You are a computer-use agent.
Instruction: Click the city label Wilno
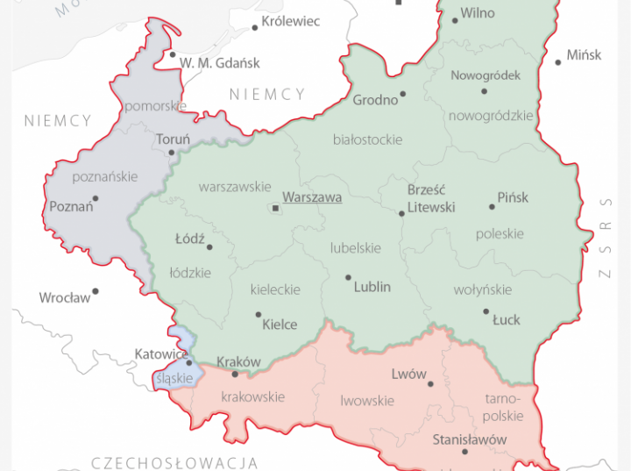[478, 13]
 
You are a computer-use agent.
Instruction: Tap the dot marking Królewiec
[255, 27]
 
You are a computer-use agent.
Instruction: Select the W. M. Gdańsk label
[220, 62]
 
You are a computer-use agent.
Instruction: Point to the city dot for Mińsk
[558, 62]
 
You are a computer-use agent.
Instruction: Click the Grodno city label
[375, 100]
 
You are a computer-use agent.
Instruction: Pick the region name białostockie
[368, 139]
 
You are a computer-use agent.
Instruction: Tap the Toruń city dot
[173, 153]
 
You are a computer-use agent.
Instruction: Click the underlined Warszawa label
[312, 198]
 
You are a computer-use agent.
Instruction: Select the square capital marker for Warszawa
[275, 209]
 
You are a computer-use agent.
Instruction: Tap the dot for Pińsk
[492, 207]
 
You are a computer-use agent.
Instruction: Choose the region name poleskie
[500, 234]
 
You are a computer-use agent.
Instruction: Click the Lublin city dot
[348, 277]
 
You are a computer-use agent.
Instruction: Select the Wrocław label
[64, 298]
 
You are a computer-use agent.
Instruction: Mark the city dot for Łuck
[486, 310]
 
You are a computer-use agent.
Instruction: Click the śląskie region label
[174, 379]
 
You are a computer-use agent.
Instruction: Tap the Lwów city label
[409, 375]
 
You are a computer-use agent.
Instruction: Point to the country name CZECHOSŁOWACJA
[174, 462]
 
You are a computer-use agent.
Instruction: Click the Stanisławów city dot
[464, 451]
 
